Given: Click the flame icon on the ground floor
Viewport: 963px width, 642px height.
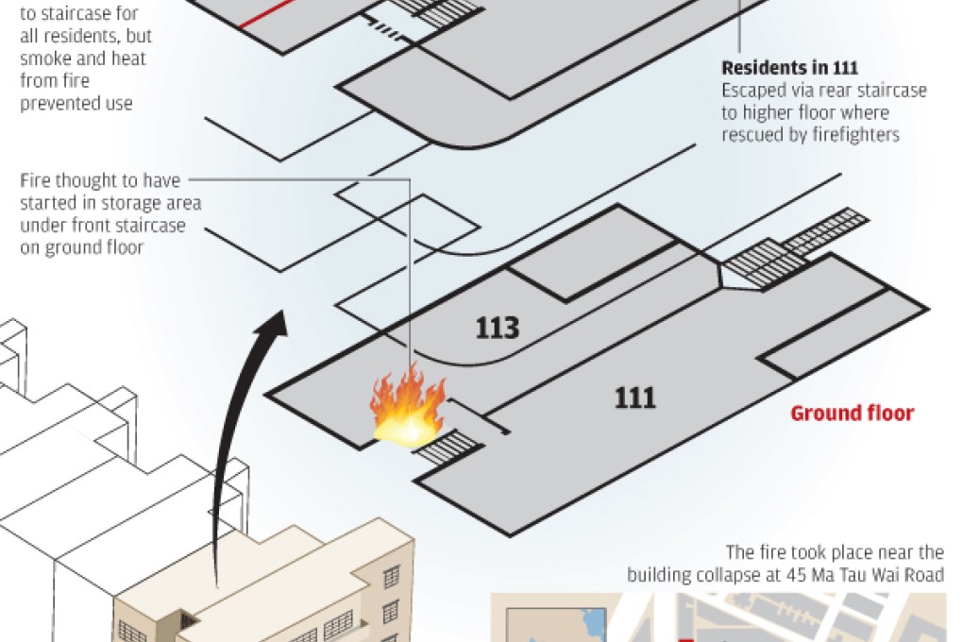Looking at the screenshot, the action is tap(408, 405).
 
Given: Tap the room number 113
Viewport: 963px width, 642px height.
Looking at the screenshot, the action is tap(498, 328).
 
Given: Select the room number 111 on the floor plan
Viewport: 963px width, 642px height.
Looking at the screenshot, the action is tap(635, 398).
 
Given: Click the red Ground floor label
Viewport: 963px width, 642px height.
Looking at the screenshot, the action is tap(853, 413).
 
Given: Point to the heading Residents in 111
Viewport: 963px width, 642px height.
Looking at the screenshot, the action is tap(790, 67).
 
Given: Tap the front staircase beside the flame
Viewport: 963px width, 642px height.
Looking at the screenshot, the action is tap(448, 449).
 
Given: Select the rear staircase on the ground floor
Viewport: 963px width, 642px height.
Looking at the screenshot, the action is tap(795, 249).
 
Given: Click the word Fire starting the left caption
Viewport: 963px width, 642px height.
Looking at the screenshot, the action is tap(35, 180).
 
